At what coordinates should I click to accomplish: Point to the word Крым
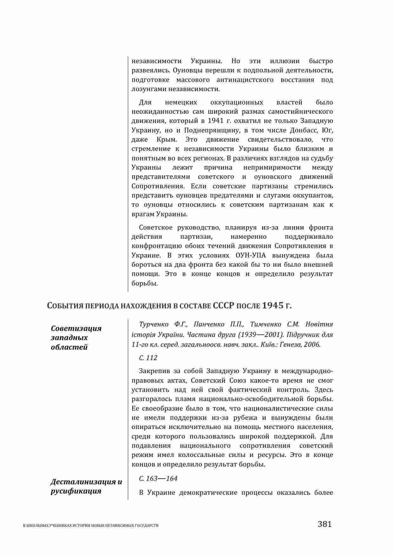(x=167, y=139)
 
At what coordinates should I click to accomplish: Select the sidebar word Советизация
(x=76, y=328)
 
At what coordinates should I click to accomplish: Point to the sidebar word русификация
(x=76, y=491)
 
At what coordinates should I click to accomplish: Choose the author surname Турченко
(x=154, y=324)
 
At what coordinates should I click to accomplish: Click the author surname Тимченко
(x=266, y=324)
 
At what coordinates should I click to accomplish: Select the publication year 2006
(x=312, y=344)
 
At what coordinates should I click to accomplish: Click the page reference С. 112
(x=148, y=358)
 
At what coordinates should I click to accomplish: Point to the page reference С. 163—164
(x=158, y=479)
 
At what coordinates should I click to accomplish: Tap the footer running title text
(x=91, y=526)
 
